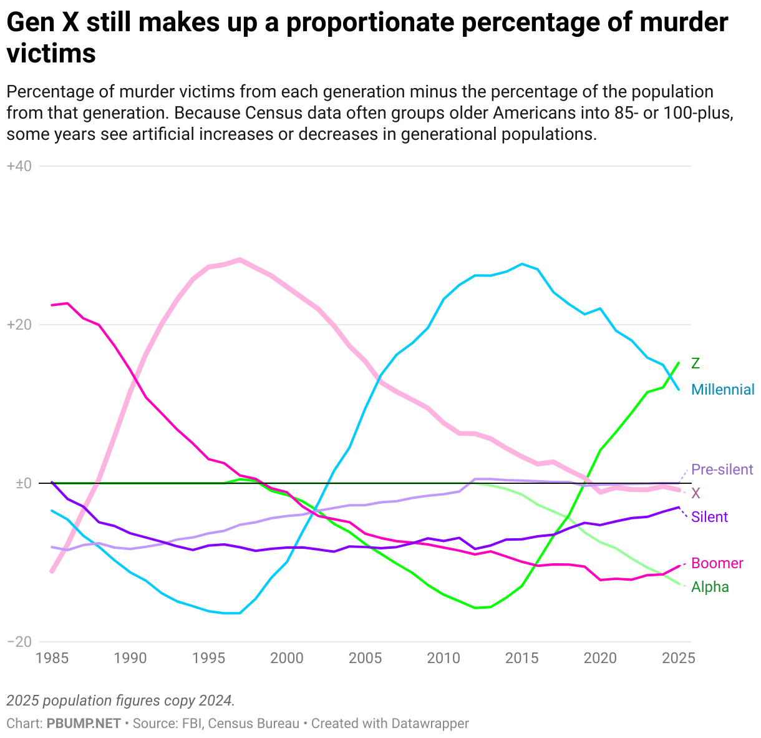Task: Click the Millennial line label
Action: click(x=723, y=390)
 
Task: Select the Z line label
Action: click(x=696, y=363)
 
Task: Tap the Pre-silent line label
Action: click(x=722, y=470)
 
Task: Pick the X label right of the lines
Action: click(x=696, y=493)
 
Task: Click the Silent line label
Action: click(x=709, y=517)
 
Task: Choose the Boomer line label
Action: click(x=717, y=563)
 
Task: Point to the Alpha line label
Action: click(x=710, y=587)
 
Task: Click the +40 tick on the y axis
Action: click(x=19, y=166)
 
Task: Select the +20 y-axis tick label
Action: click(x=19, y=325)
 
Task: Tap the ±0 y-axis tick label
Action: click(x=20, y=483)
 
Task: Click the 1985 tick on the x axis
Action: click(x=52, y=658)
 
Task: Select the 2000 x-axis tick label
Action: click(x=287, y=658)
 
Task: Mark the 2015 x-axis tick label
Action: click(x=522, y=658)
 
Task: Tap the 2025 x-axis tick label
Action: click(x=677, y=658)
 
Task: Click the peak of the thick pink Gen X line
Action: click(x=240, y=259)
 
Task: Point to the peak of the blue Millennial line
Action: click(x=522, y=264)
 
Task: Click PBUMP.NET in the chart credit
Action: click(x=84, y=724)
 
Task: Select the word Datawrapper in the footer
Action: click(x=430, y=724)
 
